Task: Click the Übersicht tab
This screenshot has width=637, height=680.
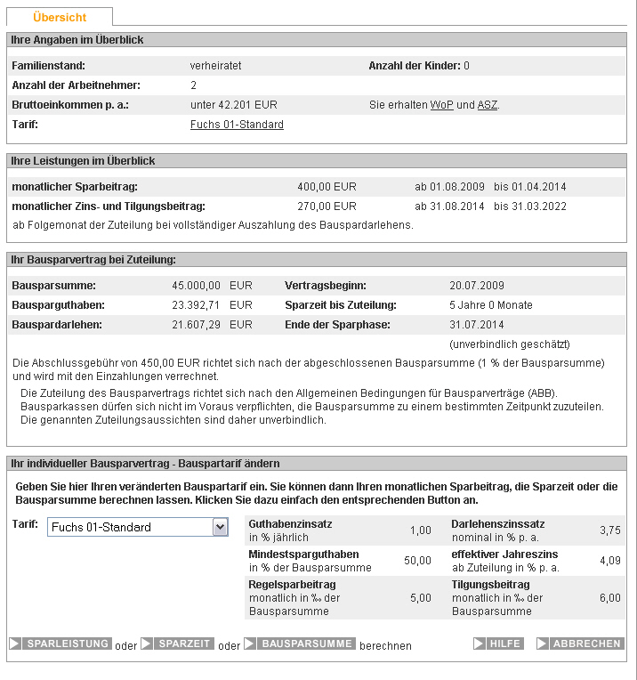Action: coord(60,18)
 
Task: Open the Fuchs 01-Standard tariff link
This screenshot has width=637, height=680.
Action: coord(237,125)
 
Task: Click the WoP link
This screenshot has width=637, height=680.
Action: coord(442,105)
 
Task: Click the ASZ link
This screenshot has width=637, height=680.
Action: coord(488,105)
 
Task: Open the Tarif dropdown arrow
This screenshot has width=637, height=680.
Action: coord(220,527)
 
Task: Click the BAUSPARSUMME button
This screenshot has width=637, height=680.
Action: coord(300,644)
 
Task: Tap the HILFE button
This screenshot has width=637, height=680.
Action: coord(498,644)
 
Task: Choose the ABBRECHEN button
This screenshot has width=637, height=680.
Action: coord(579,644)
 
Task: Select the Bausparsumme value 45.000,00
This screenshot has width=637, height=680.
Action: coord(196,286)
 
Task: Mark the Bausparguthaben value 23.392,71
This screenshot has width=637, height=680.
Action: coord(196,305)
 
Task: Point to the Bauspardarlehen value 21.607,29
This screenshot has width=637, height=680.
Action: coord(196,325)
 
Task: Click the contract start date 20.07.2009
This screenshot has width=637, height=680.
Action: coord(478,286)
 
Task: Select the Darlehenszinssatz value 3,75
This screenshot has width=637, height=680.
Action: coord(610,530)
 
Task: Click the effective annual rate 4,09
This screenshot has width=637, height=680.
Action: coord(610,561)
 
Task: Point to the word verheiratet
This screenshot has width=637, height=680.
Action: coord(216,66)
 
